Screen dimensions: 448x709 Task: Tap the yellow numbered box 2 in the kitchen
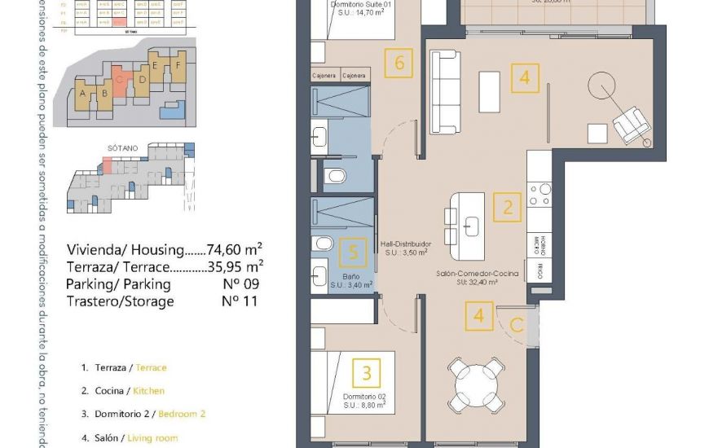point(508,207)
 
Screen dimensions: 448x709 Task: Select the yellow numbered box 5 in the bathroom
point(352,253)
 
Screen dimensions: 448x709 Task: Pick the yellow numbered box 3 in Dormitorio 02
point(367,373)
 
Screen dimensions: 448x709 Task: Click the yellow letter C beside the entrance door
point(516,326)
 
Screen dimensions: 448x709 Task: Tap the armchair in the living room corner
point(631,125)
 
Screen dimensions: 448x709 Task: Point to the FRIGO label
point(539,270)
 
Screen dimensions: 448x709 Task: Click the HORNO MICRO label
point(539,242)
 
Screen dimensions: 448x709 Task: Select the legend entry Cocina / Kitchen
point(130,391)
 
